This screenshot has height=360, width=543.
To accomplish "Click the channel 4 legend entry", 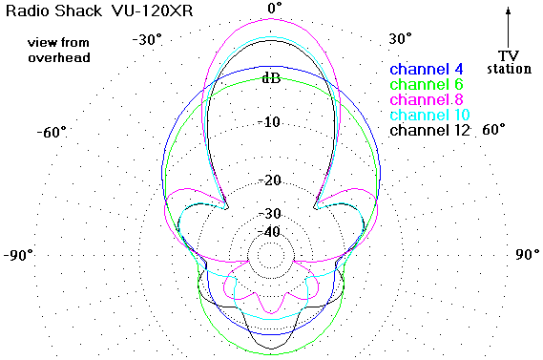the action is tap(427, 70).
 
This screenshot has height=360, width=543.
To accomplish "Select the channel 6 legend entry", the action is tap(427, 84).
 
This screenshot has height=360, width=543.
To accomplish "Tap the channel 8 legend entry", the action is tap(427, 99).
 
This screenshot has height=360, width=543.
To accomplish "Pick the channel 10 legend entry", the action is tap(429, 115).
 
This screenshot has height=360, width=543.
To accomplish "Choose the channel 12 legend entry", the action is tap(429, 130).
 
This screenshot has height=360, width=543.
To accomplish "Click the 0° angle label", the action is tap(275, 8).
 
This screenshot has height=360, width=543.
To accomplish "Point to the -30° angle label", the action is tap(147, 40).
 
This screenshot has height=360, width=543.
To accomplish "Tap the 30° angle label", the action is tap(400, 38).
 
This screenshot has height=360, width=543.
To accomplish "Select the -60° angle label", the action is tap(52, 132).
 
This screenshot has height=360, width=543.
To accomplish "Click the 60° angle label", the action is tap(493, 130).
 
